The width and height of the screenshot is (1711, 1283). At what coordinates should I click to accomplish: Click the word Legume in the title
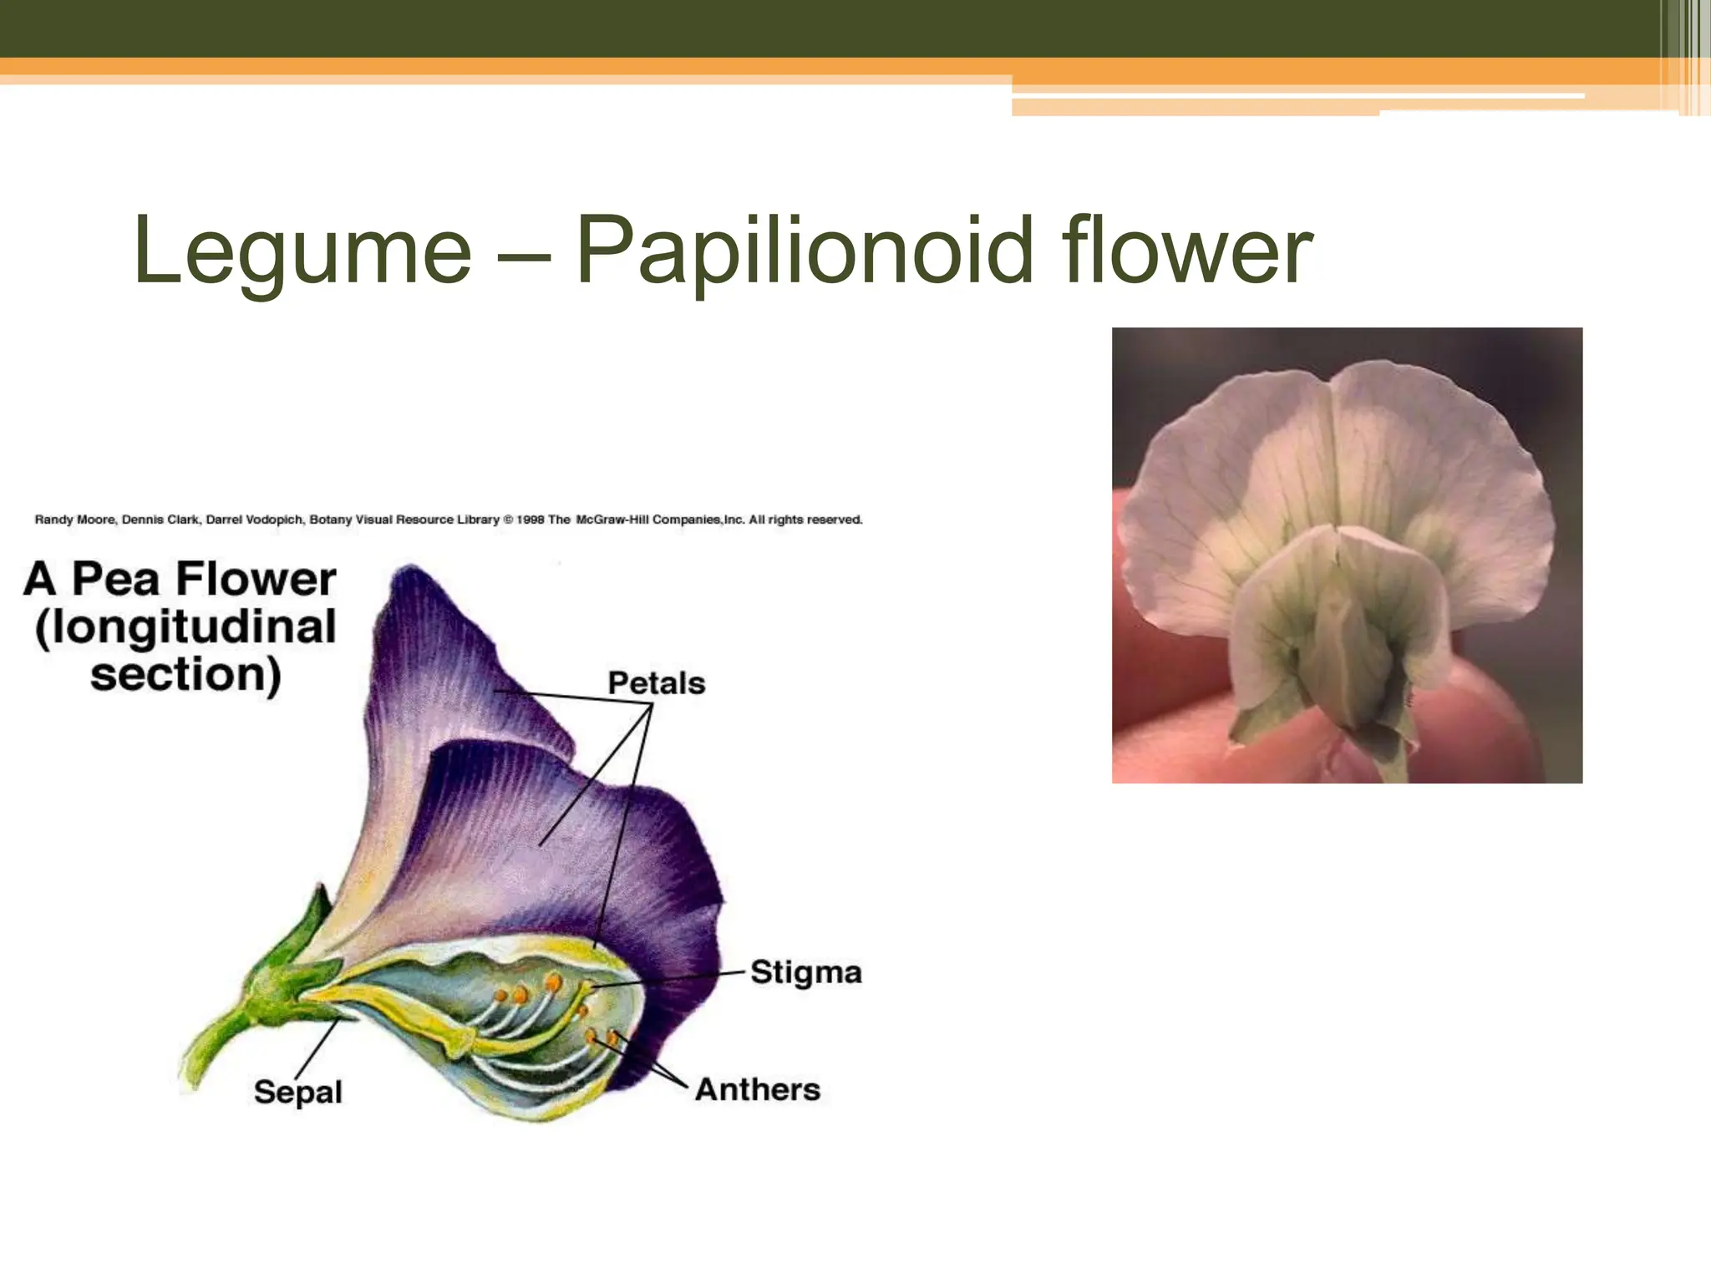302,251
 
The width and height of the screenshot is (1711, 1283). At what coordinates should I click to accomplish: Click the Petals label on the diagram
656,683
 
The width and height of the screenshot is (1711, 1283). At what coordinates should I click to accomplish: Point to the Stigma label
805,972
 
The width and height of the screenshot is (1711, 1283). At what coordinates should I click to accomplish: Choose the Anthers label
758,1089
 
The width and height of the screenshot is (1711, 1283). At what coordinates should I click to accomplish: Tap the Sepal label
297,1092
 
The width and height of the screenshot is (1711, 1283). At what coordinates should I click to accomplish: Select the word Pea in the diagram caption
115,579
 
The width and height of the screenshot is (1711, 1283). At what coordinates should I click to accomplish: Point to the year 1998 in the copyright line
531,520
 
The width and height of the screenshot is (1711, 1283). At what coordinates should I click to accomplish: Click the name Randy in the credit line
53,520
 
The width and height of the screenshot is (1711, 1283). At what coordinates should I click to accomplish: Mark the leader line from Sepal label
316,1048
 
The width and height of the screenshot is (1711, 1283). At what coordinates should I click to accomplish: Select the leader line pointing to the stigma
668,980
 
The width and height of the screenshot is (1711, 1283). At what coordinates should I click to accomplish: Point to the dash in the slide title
524,251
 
